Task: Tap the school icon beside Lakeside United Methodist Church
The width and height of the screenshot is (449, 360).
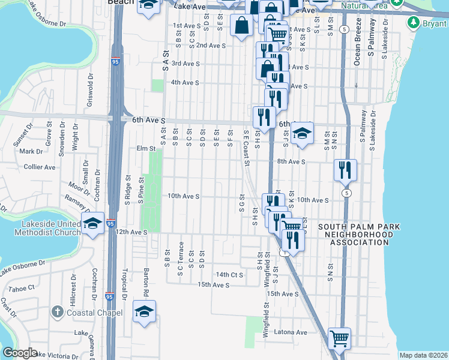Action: (93, 223)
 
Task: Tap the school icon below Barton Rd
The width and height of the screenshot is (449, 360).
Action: (144, 312)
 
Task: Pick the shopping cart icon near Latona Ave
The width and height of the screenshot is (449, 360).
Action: (340, 338)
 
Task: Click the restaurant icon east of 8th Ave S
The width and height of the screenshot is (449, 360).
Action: (345, 170)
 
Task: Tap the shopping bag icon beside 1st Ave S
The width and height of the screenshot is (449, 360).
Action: (241, 26)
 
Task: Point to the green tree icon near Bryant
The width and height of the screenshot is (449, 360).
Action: (413, 23)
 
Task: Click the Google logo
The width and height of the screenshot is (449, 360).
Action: (20, 353)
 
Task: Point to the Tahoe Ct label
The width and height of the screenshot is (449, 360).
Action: (22, 289)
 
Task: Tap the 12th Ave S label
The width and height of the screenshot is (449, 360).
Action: (131, 232)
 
